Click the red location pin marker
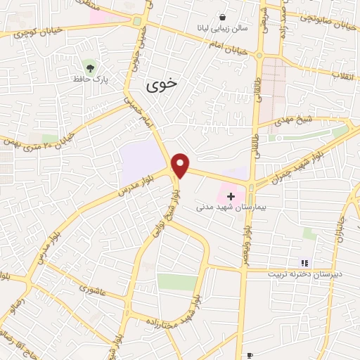pyautogui.click(x=181, y=165)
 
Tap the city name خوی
pyautogui.click(x=162, y=86)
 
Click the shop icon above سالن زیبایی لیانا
pyautogui.click(x=222, y=18)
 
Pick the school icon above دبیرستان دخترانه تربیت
pyautogui.click(x=304, y=262)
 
